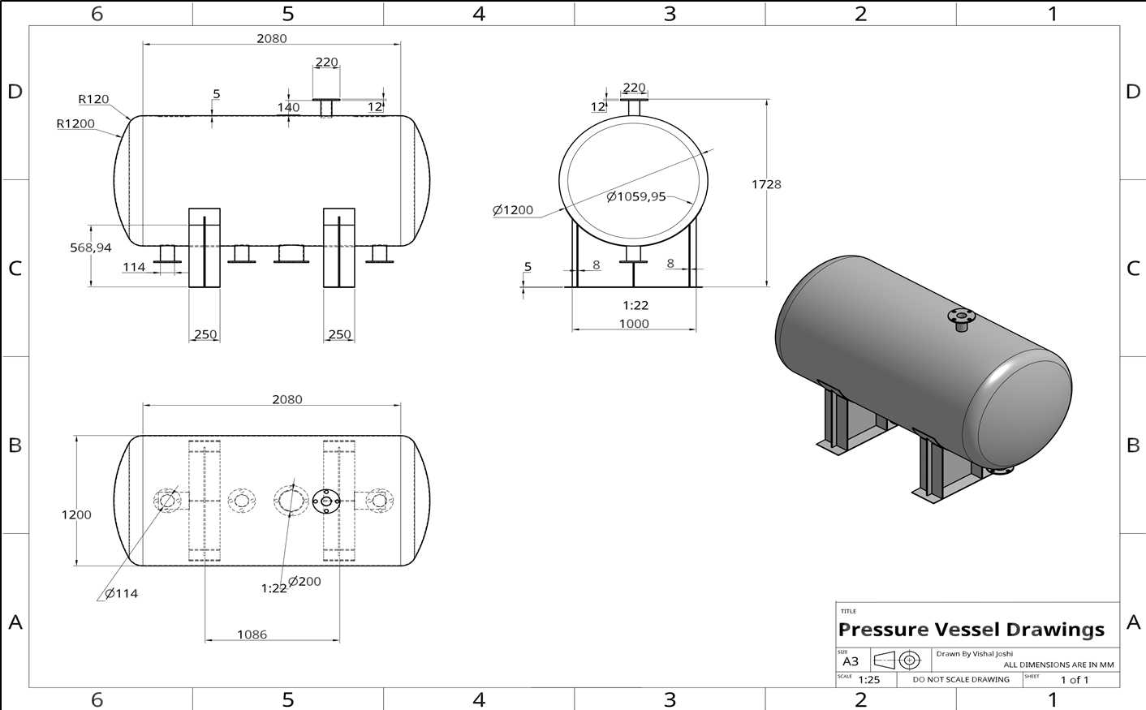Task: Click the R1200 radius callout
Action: click(x=75, y=124)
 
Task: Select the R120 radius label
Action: click(x=93, y=99)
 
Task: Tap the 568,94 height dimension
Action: click(x=91, y=247)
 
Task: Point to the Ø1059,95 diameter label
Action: click(x=636, y=196)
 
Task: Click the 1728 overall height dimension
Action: click(x=766, y=184)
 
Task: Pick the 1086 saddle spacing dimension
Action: click(x=252, y=635)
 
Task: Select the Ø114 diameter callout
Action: click(x=121, y=593)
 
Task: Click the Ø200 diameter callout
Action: click(x=304, y=581)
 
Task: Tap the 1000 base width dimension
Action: click(x=634, y=323)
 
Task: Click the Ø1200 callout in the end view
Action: click(x=513, y=209)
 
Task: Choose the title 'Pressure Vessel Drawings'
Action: click(x=971, y=629)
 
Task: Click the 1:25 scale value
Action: click(x=868, y=680)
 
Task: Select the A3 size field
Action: click(x=851, y=661)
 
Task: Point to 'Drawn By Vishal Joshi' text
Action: click(x=975, y=654)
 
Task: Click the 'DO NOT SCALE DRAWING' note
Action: click(x=961, y=679)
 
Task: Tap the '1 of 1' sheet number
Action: click(x=1075, y=680)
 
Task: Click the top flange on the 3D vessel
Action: click(x=961, y=316)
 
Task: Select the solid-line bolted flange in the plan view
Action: click(x=326, y=501)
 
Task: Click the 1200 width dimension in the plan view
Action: click(x=76, y=514)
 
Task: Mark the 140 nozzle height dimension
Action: click(x=289, y=107)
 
